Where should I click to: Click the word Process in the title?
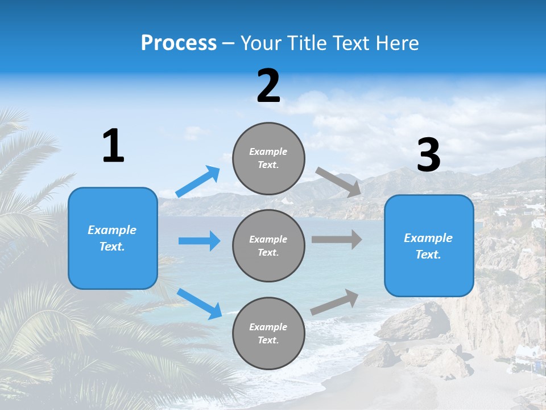(x=179, y=43)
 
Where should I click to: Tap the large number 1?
(x=113, y=146)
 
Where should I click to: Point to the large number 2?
(x=268, y=87)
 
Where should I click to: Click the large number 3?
(x=428, y=156)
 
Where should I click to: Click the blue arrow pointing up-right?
(x=198, y=181)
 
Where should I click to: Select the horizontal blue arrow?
(x=199, y=241)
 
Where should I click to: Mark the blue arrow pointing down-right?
(x=199, y=303)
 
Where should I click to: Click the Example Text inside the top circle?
(x=268, y=158)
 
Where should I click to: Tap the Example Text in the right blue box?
(x=428, y=246)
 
